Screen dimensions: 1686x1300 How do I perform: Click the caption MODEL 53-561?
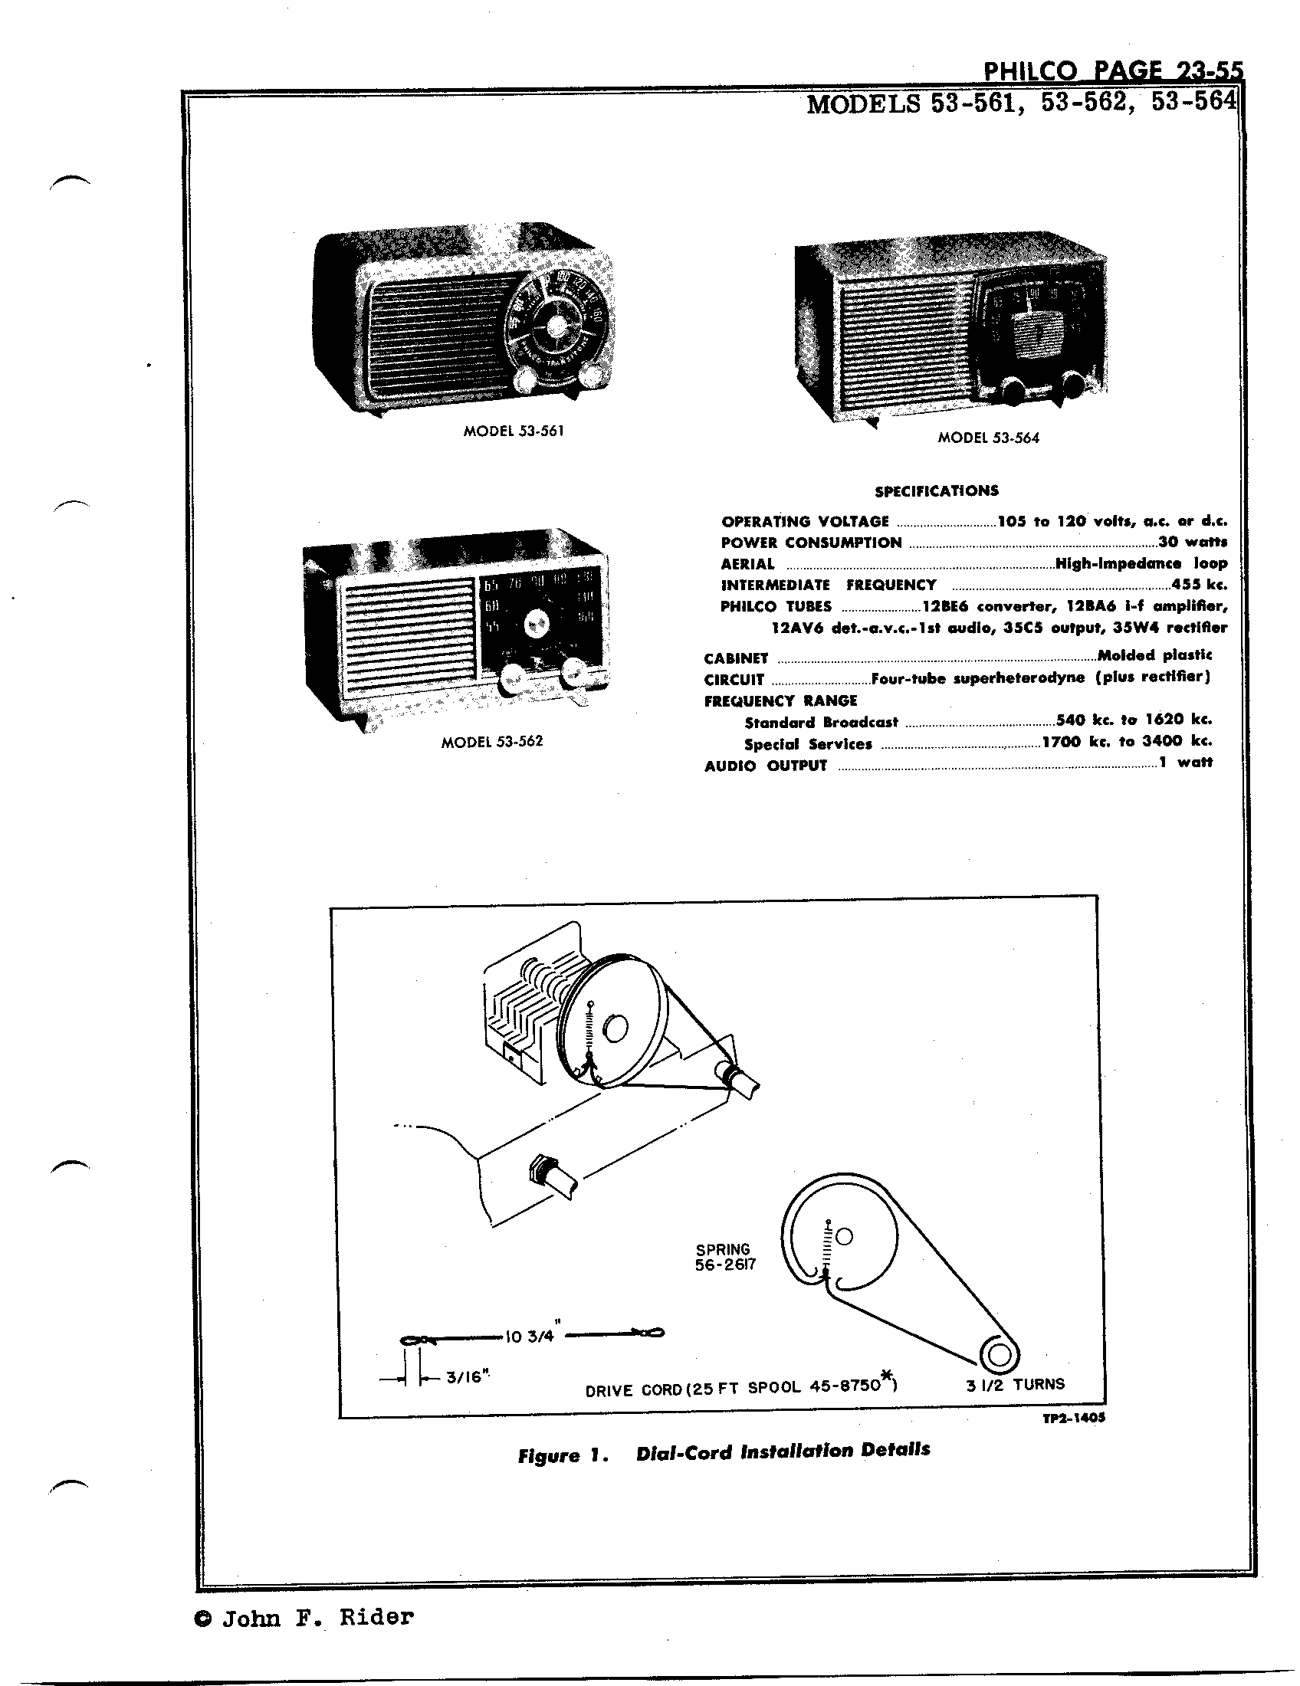pos(514,431)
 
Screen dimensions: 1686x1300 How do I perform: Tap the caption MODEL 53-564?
pos(988,438)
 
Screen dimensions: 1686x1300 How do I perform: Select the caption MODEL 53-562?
pos(492,742)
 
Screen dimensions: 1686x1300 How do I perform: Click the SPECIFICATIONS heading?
pos(937,491)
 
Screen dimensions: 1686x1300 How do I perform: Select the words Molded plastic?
pos(1154,655)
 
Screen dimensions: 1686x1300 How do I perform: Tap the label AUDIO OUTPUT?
pos(765,766)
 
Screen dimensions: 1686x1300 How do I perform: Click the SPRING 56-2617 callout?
pos(724,1257)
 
